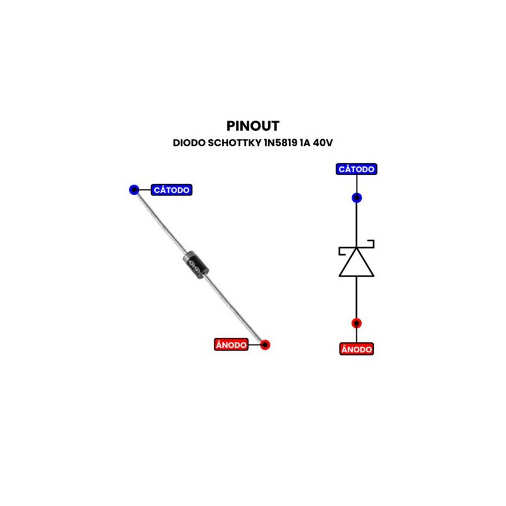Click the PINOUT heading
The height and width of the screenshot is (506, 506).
pos(252,126)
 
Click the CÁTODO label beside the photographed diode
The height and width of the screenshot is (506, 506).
pos(171,190)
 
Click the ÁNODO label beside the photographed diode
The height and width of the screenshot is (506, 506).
pos(230,345)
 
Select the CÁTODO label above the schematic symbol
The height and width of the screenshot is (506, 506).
pos(357,170)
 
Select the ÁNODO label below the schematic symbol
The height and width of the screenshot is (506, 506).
pos(357,349)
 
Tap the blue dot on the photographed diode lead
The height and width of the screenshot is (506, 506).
pos(133,189)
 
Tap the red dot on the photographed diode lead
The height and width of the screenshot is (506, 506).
pos(265,345)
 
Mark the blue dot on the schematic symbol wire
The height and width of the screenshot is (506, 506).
pos(357,198)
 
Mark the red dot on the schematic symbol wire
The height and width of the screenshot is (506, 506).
pos(357,323)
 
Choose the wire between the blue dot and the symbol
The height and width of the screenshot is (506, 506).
pos(357,221)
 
